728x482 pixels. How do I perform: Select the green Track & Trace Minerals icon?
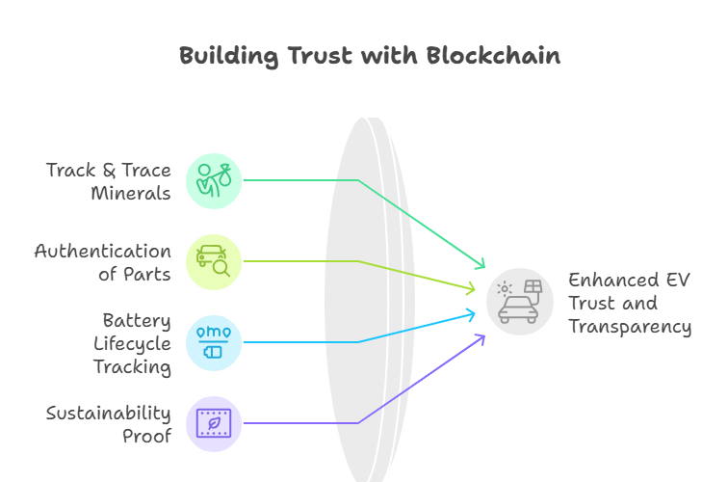pyautogui.click(x=214, y=180)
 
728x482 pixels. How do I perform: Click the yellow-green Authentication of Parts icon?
pyautogui.click(x=214, y=261)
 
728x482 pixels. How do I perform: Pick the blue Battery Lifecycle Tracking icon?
pyautogui.click(x=214, y=342)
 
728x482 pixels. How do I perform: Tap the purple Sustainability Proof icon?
pyautogui.click(x=214, y=423)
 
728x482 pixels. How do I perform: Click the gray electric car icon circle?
pyautogui.click(x=520, y=302)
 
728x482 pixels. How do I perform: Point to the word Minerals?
pyautogui.click(x=132, y=193)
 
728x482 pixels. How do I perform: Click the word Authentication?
pyautogui.click(x=103, y=251)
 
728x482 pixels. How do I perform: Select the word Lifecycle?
pyautogui.click(x=132, y=343)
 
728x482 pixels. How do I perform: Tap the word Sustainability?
pyautogui.click(x=109, y=413)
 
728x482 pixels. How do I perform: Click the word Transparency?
pyautogui.click(x=630, y=327)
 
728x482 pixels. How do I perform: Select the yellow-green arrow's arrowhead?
pyautogui.click(x=471, y=288)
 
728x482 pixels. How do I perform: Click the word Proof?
pyautogui.click(x=145, y=436)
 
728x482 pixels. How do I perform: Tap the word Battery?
pyautogui.click(x=137, y=320)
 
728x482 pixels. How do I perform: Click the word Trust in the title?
pyautogui.click(x=318, y=56)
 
